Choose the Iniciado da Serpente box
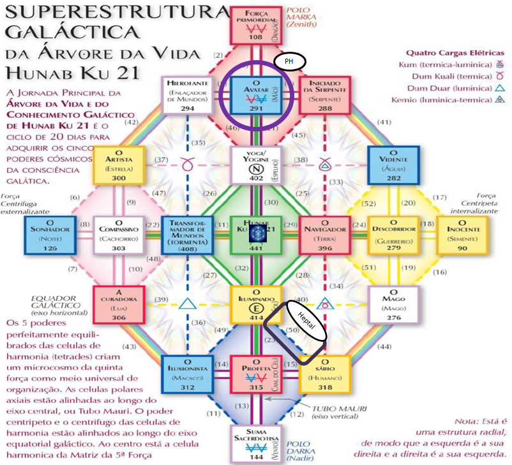coord(324,94)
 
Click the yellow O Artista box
coord(119,165)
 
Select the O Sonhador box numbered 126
coord(49,234)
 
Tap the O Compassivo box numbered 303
coord(119,234)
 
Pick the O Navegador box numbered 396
coord(324,234)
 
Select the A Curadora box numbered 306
coord(119,304)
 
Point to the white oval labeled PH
coord(290,62)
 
